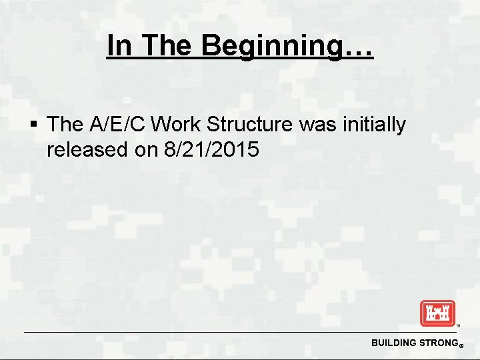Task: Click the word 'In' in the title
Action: (x=119, y=46)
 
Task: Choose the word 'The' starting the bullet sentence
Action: (x=65, y=124)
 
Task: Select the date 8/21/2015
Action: (x=211, y=149)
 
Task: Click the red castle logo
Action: (x=437, y=313)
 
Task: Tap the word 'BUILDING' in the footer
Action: (x=393, y=343)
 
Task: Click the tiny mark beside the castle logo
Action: (x=458, y=326)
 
